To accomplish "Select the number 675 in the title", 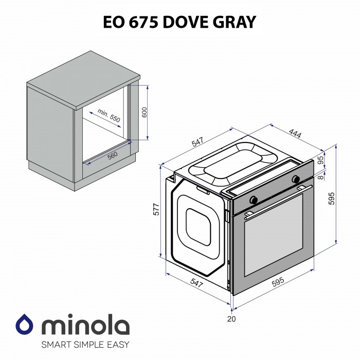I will tap(140, 22).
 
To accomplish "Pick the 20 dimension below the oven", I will tap(231, 319).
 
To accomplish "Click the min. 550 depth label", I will tap(109, 116).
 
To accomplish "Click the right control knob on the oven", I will tap(296, 179).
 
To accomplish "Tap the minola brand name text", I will tap(85, 326).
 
